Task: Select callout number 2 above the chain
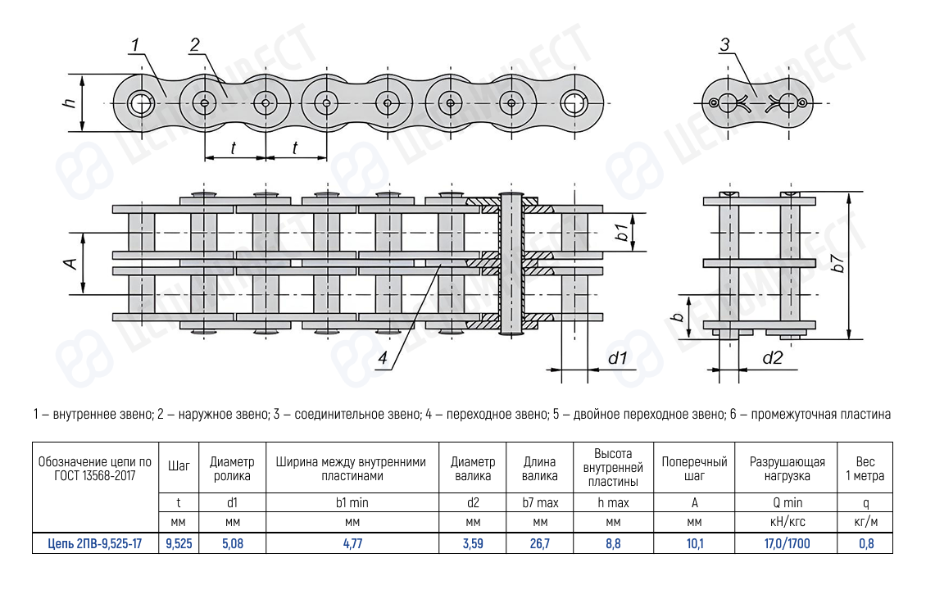coord(194,44)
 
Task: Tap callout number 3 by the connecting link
coord(724,45)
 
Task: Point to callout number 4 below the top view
coord(382,357)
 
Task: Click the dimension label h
coord(70,103)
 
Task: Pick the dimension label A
coord(71,264)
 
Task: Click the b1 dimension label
coord(622,232)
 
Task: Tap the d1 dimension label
coord(616,358)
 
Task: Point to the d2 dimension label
coord(772,358)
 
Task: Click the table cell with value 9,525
coord(179,542)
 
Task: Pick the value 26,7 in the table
coord(539,542)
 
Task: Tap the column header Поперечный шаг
coord(694,469)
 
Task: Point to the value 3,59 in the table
coord(473,542)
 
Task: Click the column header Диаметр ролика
coord(232,469)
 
